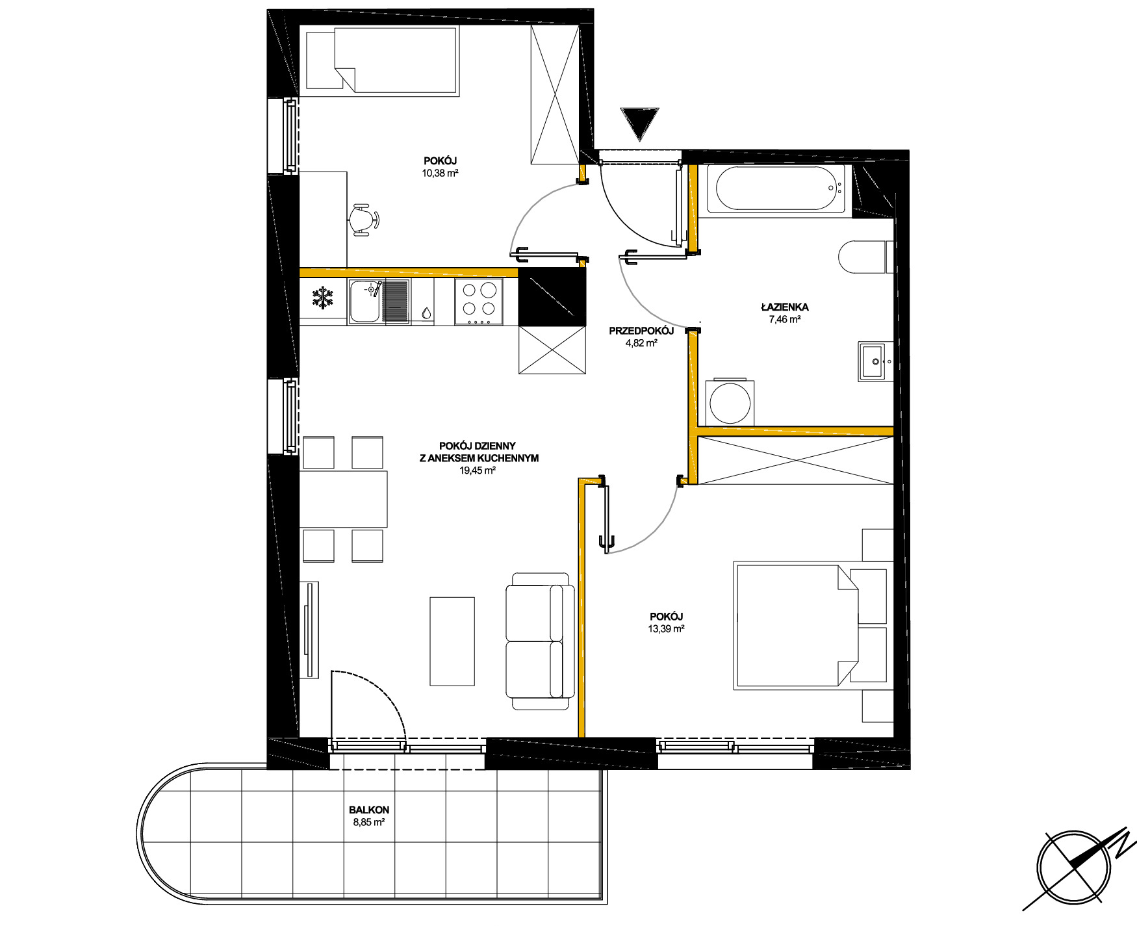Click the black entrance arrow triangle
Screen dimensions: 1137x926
pyautogui.click(x=639, y=122)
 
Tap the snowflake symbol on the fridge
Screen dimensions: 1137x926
pyautogui.click(x=322, y=298)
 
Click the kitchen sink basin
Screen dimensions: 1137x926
pyautogui.click(x=364, y=301)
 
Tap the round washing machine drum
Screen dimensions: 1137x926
pyautogui.click(x=730, y=403)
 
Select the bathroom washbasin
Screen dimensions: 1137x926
pyautogui.click(x=875, y=361)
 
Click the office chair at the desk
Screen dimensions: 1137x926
pyautogui.click(x=364, y=220)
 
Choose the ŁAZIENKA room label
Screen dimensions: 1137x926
pyautogui.click(x=785, y=307)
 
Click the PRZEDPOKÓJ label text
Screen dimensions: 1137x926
pyautogui.click(x=641, y=331)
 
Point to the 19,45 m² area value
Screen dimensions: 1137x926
pyautogui.click(x=478, y=470)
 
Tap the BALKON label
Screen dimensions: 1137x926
pyautogui.click(x=369, y=810)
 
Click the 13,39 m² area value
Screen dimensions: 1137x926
pyautogui.click(x=666, y=628)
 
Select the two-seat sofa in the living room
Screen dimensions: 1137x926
pyautogui.click(x=540, y=641)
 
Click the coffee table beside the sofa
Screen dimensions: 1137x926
pyautogui.click(x=452, y=641)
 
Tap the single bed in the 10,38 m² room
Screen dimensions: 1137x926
pyautogui.click(x=382, y=61)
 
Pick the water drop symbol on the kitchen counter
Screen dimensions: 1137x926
pyautogui.click(x=426, y=313)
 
